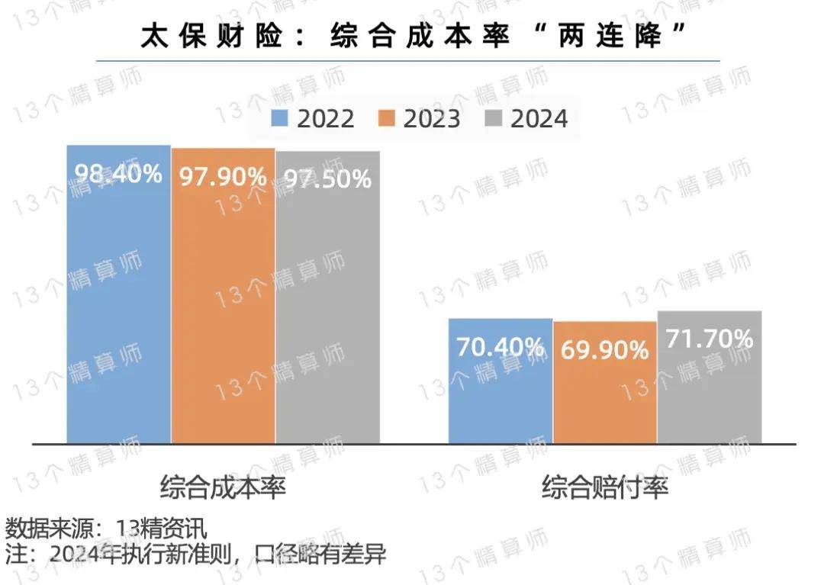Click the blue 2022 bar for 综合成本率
tap(118, 305)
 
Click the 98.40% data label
tap(118, 174)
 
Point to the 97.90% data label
tap(223, 177)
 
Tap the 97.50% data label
tap(328, 178)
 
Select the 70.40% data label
tap(500, 347)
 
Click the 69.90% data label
tap(604, 350)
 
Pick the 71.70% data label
tap(710, 338)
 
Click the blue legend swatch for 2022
tap(279, 119)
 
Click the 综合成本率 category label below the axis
tap(223, 487)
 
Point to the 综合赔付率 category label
tap(605, 487)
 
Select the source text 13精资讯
tap(161, 528)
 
